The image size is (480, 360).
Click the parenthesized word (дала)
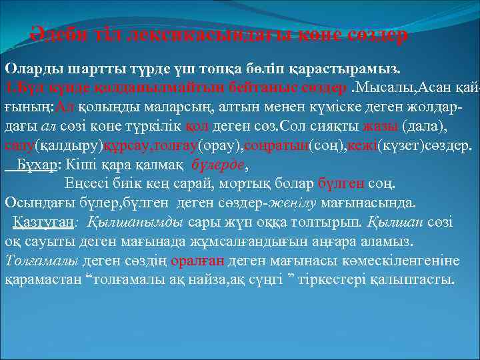(422, 126)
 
